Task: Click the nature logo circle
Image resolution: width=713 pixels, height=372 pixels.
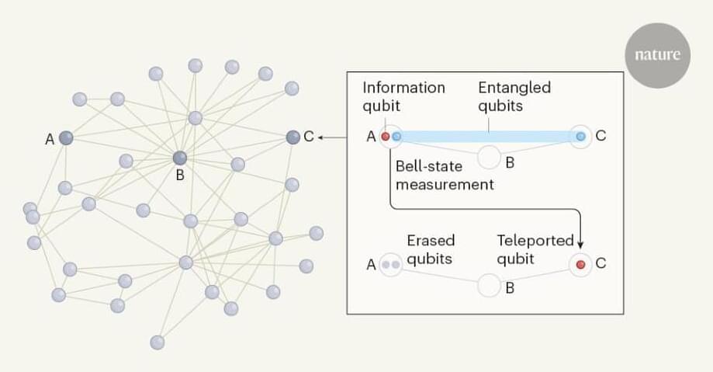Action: click(657, 55)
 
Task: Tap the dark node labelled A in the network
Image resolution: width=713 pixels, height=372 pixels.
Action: click(66, 138)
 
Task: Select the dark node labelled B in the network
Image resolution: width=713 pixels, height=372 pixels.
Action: click(180, 158)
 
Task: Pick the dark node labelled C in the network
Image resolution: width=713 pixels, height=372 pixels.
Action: click(292, 137)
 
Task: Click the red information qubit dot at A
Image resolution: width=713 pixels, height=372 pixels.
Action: click(386, 137)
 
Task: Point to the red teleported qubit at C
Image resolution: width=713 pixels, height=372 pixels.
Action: click(580, 265)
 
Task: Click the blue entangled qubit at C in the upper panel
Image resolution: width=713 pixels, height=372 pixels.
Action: click(580, 137)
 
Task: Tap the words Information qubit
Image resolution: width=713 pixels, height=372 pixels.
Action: click(403, 96)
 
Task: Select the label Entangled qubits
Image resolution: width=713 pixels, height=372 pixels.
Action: click(514, 96)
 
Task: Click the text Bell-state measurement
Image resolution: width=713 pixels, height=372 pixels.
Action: click(445, 175)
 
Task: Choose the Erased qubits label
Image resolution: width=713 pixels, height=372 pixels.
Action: click(431, 249)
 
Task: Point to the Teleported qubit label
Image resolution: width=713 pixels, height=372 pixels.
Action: click(535, 249)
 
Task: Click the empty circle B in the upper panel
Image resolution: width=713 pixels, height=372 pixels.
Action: click(489, 156)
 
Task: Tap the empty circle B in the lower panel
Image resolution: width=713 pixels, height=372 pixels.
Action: click(489, 285)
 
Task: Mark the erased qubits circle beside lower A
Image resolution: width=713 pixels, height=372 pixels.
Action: click(391, 265)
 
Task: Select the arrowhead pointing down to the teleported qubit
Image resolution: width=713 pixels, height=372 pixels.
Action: click(580, 245)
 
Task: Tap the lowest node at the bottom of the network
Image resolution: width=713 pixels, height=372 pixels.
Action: click(157, 342)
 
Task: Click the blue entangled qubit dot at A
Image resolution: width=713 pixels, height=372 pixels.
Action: click(396, 137)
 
